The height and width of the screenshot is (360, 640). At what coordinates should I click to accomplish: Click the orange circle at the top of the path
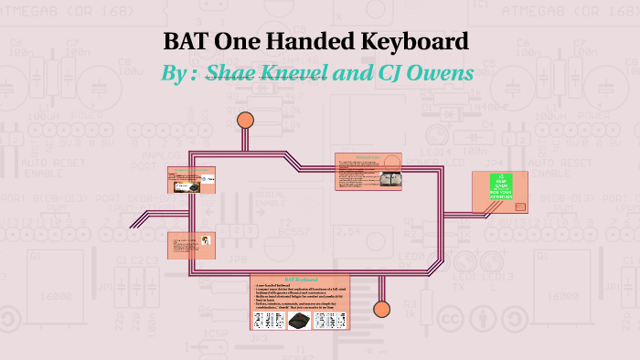245,120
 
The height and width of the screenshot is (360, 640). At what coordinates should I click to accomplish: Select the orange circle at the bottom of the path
382,308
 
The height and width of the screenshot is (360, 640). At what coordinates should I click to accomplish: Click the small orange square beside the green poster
520,206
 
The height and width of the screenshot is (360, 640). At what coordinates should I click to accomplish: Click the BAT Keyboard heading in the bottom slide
299,279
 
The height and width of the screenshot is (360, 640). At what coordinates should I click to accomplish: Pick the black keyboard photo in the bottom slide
301,320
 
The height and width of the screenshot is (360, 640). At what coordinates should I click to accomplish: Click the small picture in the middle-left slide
207,242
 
